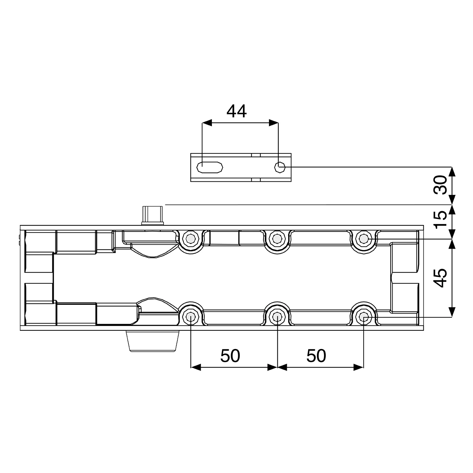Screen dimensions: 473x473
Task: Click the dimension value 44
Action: pyautogui.click(x=236, y=111)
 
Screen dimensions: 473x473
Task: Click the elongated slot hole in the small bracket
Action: pyautogui.click(x=210, y=167)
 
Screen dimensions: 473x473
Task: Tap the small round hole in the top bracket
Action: pyautogui.click(x=280, y=167)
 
